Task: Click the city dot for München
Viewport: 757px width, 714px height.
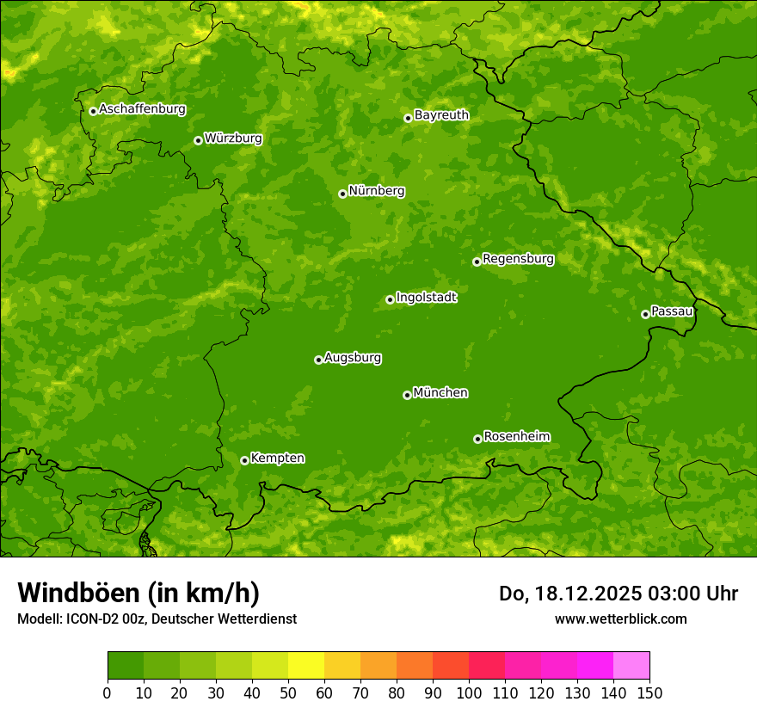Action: pos(407,395)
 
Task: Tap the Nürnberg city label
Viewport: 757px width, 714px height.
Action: pos(376,191)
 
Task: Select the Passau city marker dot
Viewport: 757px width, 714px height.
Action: pos(645,314)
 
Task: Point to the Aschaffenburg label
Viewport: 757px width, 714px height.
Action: pos(142,109)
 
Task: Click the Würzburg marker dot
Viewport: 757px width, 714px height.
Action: pos(198,140)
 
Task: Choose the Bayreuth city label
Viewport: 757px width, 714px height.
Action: pos(441,115)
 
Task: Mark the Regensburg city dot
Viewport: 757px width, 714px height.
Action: pos(477,262)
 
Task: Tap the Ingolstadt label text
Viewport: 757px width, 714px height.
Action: pos(426,298)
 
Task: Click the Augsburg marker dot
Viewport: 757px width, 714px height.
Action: pos(318,360)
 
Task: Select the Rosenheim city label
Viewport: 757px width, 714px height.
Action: pos(516,437)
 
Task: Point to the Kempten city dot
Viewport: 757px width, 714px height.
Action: pos(244,460)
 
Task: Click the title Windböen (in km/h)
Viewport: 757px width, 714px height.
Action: pos(138,594)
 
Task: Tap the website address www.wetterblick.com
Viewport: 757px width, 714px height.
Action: pos(620,619)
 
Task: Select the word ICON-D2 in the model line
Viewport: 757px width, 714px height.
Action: pos(95,619)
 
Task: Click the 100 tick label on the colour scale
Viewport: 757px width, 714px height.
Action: pos(469,692)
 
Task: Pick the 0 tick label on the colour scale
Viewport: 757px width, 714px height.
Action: pos(108,692)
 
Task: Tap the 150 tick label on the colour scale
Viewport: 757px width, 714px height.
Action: pos(649,692)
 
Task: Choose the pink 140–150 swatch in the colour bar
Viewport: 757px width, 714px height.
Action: pos(631,666)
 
